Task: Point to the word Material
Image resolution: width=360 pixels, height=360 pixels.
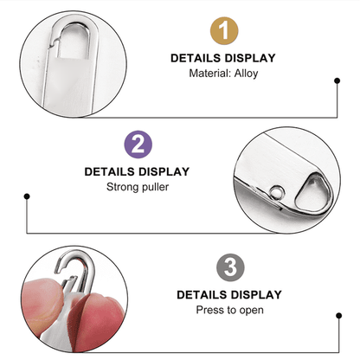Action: click(x=207, y=74)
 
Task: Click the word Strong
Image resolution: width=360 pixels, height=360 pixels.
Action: click(x=122, y=187)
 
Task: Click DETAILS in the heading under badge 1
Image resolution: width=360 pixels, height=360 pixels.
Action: click(x=197, y=59)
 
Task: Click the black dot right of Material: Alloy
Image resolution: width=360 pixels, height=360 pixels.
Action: click(x=337, y=82)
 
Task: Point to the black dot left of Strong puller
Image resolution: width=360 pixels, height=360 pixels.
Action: click(x=27, y=197)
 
